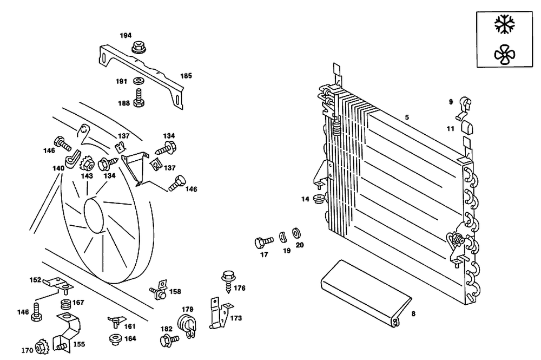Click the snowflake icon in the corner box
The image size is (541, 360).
[x=505, y=24]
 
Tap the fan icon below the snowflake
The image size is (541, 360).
[x=505, y=53]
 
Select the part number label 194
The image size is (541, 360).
[x=126, y=35]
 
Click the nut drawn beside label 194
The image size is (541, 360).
[x=138, y=49]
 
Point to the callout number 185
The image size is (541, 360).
[x=186, y=76]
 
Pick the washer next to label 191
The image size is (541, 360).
[x=138, y=81]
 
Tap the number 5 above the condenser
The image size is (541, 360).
[x=407, y=117]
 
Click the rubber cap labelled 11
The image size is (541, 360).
[x=466, y=128]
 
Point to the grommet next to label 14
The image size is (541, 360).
[x=319, y=198]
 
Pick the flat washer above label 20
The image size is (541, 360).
[x=296, y=233]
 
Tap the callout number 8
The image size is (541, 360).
[x=413, y=313]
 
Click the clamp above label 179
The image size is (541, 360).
[x=186, y=324]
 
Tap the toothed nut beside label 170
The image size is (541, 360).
[x=41, y=346]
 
